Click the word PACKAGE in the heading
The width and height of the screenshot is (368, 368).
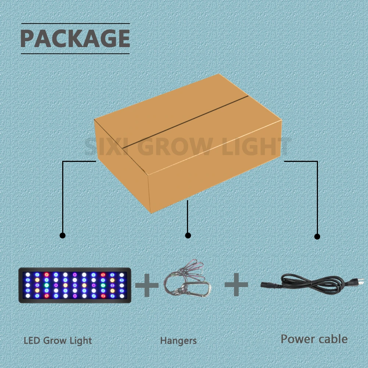tap(75, 38)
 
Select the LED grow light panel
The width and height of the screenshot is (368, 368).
tap(75, 285)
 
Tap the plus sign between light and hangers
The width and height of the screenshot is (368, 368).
tap(147, 285)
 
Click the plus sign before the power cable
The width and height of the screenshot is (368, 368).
tap(236, 285)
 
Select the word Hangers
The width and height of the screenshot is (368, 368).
tap(178, 341)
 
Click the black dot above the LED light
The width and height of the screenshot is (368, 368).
tap(63, 235)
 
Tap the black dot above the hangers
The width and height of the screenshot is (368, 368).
tap(188, 235)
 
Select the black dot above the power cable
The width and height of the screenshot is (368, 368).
tap(317, 236)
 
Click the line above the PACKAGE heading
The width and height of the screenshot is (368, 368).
tap(75, 24)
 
